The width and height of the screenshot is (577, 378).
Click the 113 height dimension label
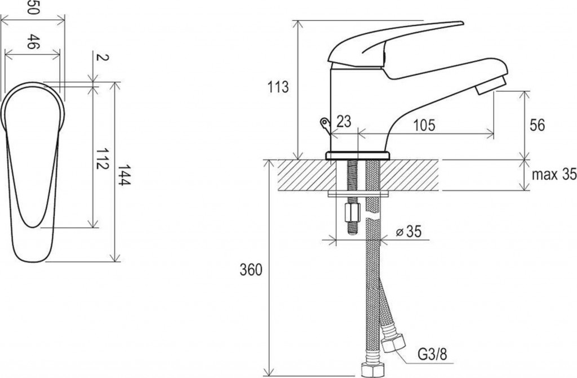pos(278,87)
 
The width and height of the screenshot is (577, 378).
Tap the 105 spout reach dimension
pos(424,125)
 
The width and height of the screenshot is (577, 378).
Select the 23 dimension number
pos(344,121)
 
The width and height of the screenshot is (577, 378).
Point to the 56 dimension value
pos(537,125)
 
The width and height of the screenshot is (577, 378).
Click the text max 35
pos(554,175)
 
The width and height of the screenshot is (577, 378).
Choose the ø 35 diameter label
pos(409,232)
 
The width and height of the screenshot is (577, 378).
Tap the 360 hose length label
pos(251,270)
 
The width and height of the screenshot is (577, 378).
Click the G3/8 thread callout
pos(432,355)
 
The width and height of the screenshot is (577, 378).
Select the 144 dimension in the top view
pos(125,175)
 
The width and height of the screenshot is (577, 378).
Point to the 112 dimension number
pos(103,159)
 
